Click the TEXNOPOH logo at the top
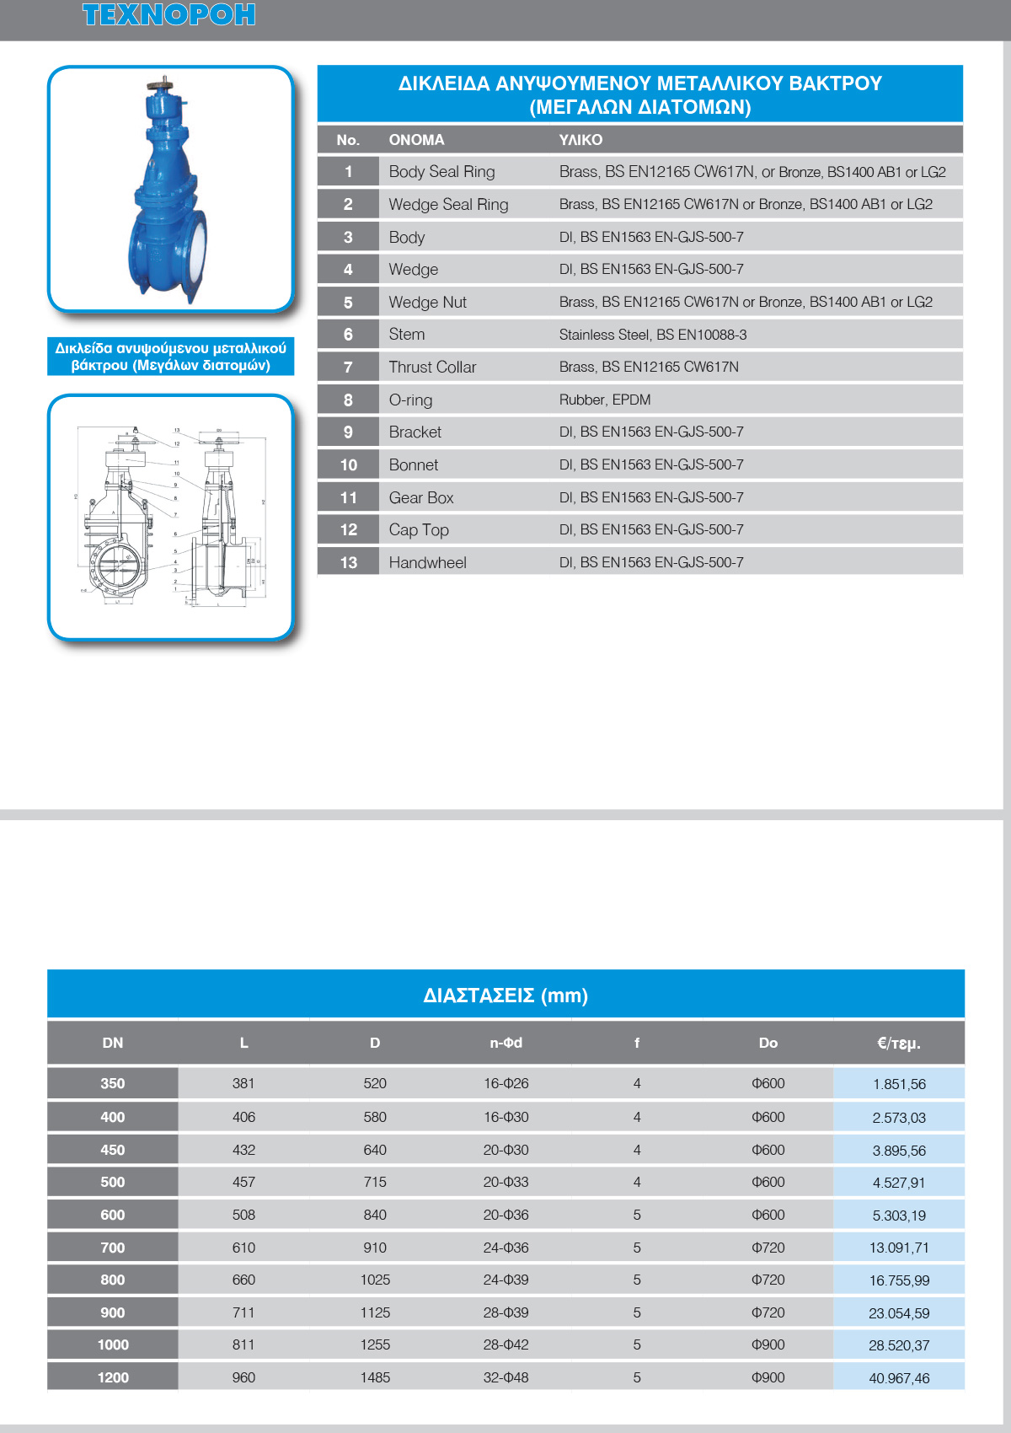[x=168, y=15]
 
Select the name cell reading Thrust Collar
[x=432, y=368]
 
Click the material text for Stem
[x=653, y=335]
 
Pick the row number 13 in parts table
[x=348, y=563]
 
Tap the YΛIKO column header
[x=580, y=140]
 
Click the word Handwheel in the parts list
[x=427, y=563]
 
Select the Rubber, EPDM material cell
[x=605, y=400]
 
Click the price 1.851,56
[x=899, y=1084]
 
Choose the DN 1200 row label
[x=113, y=1377]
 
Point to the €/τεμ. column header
[x=899, y=1044]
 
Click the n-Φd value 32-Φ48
[x=505, y=1377]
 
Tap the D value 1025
[x=375, y=1280]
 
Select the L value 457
[x=243, y=1182]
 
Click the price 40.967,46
[x=899, y=1378]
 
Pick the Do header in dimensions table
[x=768, y=1044]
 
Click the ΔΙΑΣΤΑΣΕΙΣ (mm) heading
[x=505, y=996]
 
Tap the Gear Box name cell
[x=421, y=497]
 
